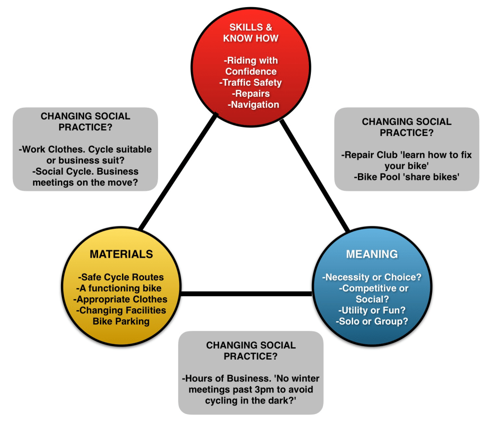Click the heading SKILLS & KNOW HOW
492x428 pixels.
tap(251, 33)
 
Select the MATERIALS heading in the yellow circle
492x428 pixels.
tap(121, 254)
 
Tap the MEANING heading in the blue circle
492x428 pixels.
tap(372, 253)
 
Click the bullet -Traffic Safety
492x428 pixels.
tap(251, 82)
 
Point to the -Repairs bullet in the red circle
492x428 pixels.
tap(251, 93)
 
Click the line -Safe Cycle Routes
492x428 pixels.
tap(121, 277)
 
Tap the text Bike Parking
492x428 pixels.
tap(121, 321)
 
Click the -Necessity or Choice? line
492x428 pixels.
tap(372, 277)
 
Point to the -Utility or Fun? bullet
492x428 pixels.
tap(372, 310)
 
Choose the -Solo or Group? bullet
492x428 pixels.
tap(372, 321)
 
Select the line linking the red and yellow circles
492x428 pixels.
tap(178, 171)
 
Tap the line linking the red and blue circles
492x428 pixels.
tap(315, 176)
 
